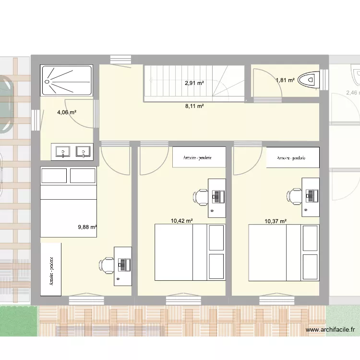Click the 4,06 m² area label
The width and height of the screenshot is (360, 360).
(x=67, y=113)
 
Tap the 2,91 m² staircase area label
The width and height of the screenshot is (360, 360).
(x=194, y=83)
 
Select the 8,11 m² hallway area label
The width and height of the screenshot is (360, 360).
(x=194, y=106)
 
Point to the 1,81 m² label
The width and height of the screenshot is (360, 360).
(x=285, y=81)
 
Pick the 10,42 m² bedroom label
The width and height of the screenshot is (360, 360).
(x=182, y=221)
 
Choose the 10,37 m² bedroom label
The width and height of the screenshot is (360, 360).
(x=276, y=221)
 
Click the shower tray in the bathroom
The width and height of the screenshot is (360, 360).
(x=67, y=80)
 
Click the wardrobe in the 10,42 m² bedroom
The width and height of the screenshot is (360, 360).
(x=199, y=157)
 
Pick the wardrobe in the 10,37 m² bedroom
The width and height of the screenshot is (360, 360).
(x=293, y=157)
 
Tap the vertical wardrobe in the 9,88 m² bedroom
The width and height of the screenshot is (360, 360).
(x=51, y=269)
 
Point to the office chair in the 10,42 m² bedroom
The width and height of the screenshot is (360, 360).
(x=200, y=196)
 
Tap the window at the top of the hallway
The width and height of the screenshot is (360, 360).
(x=120, y=59)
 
